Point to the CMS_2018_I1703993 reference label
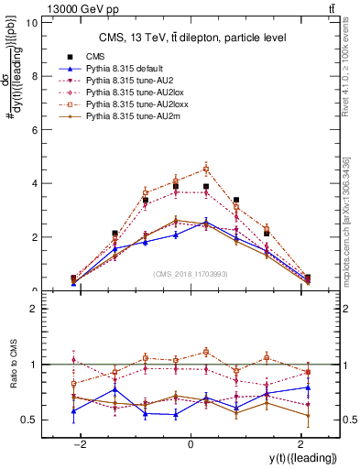pyautogui.click(x=191, y=273)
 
